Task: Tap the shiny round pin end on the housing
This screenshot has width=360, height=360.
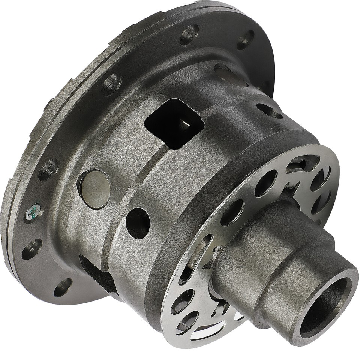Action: [x=94, y=189]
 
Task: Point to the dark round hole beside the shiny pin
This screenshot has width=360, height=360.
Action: [x=138, y=223]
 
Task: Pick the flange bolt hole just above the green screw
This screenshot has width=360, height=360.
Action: [x=48, y=170]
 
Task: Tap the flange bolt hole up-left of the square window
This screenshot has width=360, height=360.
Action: [x=112, y=84]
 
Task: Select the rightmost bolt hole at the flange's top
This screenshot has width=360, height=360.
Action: [x=246, y=39]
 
